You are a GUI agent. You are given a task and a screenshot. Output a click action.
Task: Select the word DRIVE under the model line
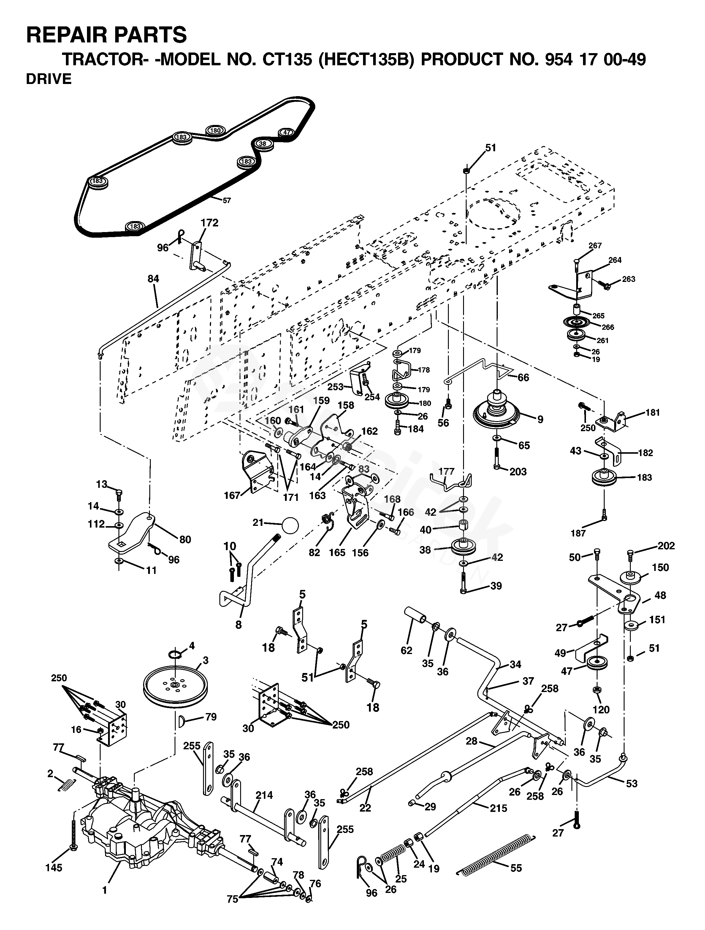[49, 79]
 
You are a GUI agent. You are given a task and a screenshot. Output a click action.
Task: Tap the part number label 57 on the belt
[227, 201]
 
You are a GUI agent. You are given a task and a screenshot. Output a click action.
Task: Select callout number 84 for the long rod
[153, 279]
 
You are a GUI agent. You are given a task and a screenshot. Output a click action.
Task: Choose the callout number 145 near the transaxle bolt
[54, 868]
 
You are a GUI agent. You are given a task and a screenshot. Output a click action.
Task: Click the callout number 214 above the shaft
[264, 795]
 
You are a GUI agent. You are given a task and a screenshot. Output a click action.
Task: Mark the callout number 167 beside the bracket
[232, 496]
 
